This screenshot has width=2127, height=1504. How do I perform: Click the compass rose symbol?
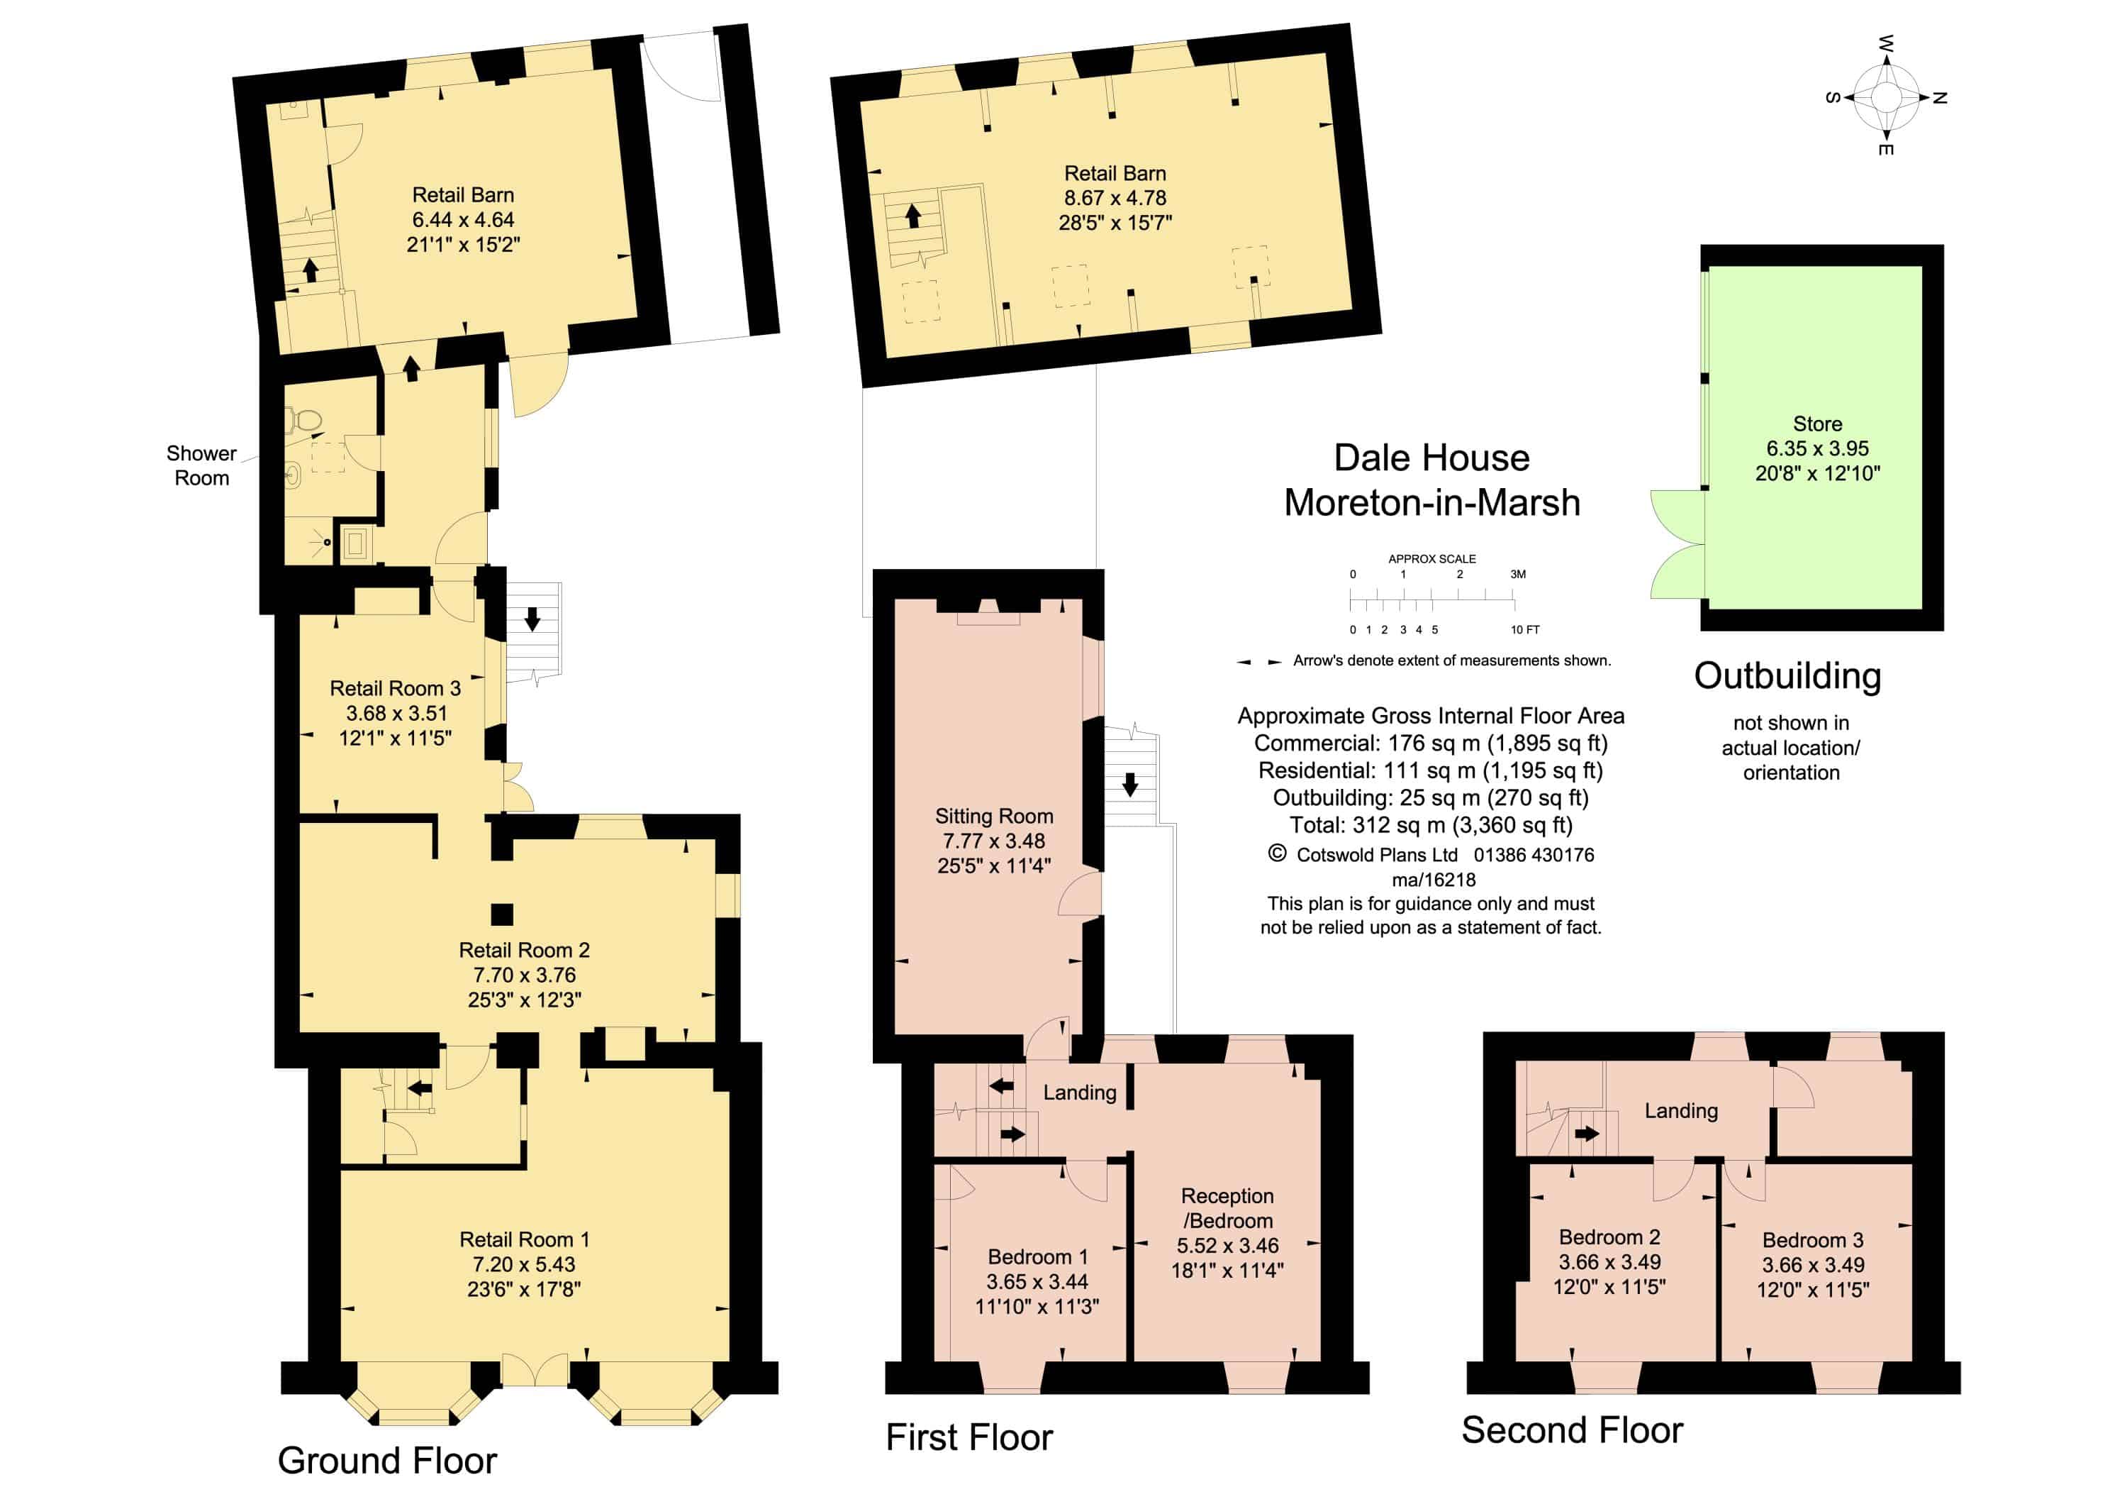(x=1885, y=96)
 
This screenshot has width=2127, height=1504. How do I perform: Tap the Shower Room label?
(x=201, y=465)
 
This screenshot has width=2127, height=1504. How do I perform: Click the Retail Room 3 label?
(x=395, y=689)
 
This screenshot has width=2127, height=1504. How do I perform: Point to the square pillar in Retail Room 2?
(x=501, y=914)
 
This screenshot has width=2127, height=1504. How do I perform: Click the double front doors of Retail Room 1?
(x=535, y=1370)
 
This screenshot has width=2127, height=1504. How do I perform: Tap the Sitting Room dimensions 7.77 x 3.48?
(x=993, y=841)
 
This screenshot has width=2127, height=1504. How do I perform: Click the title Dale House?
(x=1431, y=458)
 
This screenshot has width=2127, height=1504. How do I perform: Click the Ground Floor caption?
(x=387, y=1461)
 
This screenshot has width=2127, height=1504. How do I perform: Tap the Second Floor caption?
(x=1572, y=1430)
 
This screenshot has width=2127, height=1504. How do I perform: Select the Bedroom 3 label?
(x=1812, y=1240)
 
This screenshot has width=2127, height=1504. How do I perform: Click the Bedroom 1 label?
(x=1037, y=1256)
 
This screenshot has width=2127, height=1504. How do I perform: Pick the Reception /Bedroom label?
(x=1227, y=1208)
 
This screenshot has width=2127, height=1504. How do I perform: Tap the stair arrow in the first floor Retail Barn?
(x=912, y=215)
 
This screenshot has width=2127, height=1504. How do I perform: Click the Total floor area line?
(x=1431, y=825)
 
